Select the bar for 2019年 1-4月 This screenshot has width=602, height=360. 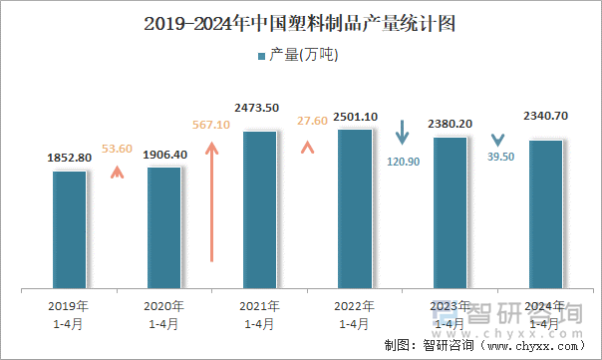(x=70, y=229)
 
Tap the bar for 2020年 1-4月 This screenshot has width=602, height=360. (x=164, y=227)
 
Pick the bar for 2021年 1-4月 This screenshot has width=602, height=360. (x=259, y=209)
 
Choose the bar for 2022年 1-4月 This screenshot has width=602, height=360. (x=355, y=208)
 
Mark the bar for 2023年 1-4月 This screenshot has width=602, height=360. (x=450, y=212)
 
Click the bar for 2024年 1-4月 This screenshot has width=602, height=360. (x=545, y=214)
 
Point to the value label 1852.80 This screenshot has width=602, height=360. (x=70, y=158)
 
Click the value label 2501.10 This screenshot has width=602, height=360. (x=355, y=117)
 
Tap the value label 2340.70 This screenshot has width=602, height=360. (x=545, y=116)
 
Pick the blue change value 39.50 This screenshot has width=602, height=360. (x=500, y=157)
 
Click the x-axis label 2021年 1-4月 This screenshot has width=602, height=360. (x=259, y=315)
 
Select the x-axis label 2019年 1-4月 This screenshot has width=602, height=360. (x=70, y=315)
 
